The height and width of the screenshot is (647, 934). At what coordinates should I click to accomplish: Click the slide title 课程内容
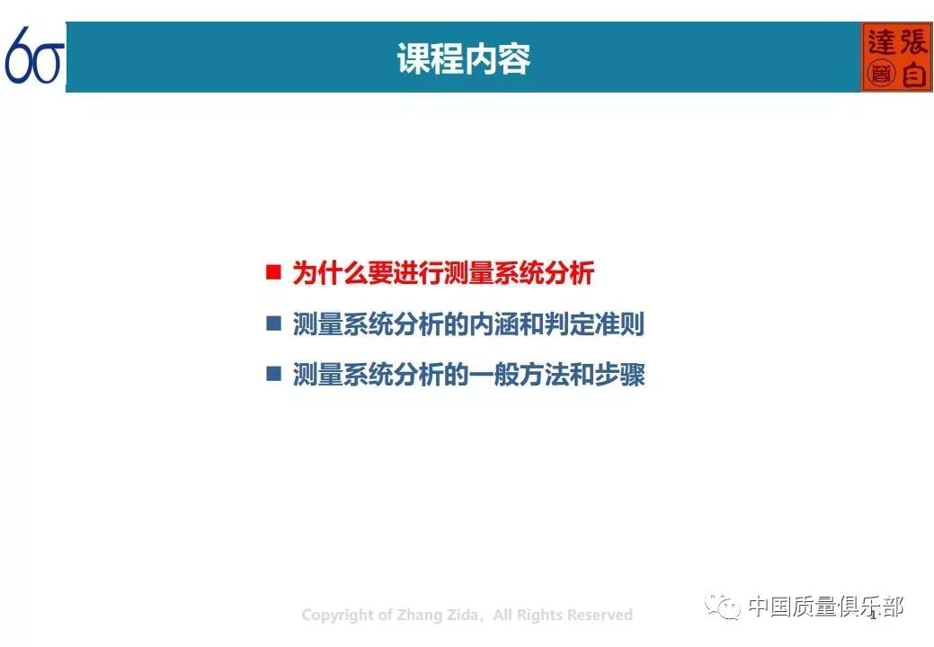click(463, 59)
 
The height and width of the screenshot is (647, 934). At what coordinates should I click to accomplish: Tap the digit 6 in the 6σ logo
click(20, 56)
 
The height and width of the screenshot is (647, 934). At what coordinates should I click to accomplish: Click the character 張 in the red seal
click(913, 40)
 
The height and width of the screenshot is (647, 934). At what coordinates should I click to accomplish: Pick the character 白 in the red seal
click(913, 75)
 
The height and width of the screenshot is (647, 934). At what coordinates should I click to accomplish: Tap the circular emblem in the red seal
click(881, 75)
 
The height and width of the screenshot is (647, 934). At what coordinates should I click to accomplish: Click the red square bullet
click(273, 273)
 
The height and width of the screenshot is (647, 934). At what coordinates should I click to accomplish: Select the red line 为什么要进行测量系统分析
click(443, 273)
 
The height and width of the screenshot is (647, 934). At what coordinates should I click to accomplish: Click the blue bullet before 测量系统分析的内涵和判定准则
click(273, 324)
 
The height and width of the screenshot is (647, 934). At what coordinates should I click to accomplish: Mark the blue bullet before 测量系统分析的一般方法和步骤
click(273, 375)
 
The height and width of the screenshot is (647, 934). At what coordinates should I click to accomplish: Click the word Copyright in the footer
click(335, 616)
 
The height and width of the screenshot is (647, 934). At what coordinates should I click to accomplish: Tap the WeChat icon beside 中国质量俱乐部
click(723, 607)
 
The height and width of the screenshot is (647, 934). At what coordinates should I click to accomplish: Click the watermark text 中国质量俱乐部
click(825, 607)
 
